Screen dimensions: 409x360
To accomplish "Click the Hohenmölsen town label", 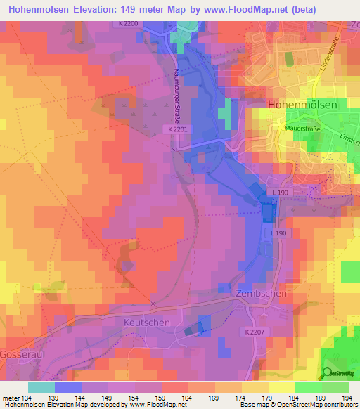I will coord(302,104).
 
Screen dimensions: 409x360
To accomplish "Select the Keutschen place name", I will coord(148,321).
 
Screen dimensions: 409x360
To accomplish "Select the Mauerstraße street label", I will coord(288,129).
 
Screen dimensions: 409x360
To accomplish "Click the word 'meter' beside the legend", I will coord(11,397).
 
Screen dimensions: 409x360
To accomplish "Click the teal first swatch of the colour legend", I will coord(41,387).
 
